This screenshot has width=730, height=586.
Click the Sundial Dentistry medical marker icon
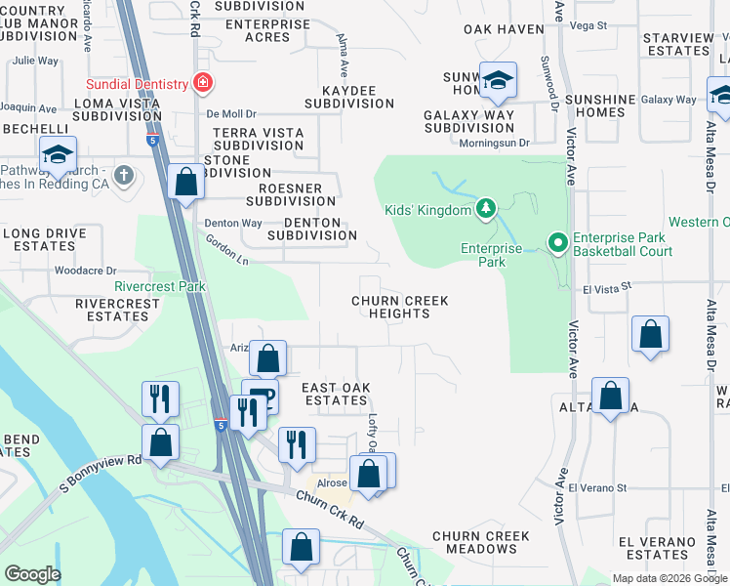pyautogui.click(x=203, y=84)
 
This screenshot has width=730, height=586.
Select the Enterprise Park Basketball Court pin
pyautogui.click(x=556, y=241)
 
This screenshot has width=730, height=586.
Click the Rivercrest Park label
pyautogui.click(x=160, y=287)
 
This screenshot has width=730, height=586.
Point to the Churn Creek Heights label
pyautogui.click(x=400, y=308)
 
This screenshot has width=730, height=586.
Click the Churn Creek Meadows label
pyautogui.click(x=481, y=542)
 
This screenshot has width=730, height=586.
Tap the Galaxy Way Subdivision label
pyautogui.click(x=469, y=121)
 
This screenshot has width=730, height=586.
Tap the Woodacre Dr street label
pyautogui.click(x=86, y=271)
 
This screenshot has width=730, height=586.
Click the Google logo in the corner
pyautogui.click(x=32, y=574)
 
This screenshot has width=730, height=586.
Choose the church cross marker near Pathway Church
pyautogui.click(x=122, y=175)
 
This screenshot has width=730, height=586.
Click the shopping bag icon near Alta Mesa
pyautogui.click(x=610, y=397)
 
